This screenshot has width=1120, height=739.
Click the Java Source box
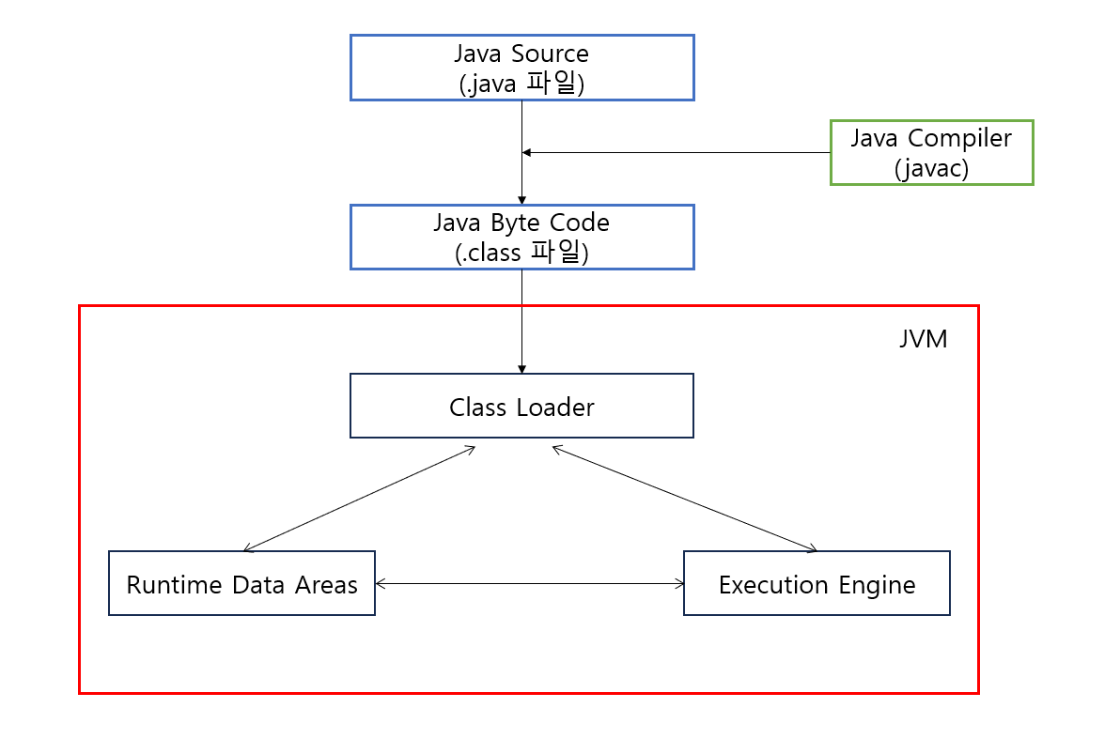(x=521, y=67)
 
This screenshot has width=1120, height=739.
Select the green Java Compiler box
(x=931, y=152)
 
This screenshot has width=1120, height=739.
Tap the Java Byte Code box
(x=521, y=238)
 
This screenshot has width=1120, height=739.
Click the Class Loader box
(x=521, y=406)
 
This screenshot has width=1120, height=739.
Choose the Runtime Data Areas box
(x=241, y=583)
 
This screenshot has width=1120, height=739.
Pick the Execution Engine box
(x=817, y=583)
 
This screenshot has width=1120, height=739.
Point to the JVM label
(x=923, y=339)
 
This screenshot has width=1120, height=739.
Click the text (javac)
(x=931, y=168)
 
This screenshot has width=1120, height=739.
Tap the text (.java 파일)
(x=521, y=84)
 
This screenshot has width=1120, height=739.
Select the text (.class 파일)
(x=521, y=254)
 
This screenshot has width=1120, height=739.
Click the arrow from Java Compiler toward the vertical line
(x=677, y=152)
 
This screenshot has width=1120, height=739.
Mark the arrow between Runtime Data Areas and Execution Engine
(x=529, y=583)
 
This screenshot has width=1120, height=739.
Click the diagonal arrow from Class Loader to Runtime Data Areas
(x=359, y=499)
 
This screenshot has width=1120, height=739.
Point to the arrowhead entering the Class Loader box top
(x=521, y=368)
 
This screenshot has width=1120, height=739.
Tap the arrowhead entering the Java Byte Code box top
(x=521, y=199)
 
